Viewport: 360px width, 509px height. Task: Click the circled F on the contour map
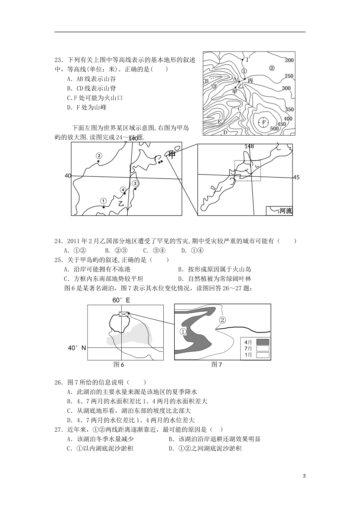coord(263,122)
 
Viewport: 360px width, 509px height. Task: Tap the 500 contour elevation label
coord(274,129)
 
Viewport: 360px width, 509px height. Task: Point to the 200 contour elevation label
coord(289,60)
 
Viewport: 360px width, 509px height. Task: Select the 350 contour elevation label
coord(289,109)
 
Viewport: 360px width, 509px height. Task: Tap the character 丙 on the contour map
coord(250,81)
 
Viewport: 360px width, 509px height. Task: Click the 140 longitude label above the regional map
coord(133,139)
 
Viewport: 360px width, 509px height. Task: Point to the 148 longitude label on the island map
coord(249,146)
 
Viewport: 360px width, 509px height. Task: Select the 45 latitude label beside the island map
coord(296,177)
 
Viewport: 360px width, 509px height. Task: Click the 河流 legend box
coord(279,211)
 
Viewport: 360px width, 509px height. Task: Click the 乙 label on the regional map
coord(121,203)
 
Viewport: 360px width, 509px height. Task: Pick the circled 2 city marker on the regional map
coord(99,156)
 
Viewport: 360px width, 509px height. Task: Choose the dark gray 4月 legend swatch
coord(263,342)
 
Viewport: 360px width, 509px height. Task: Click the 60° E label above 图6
coord(121,300)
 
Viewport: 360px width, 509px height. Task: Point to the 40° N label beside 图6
coord(77,348)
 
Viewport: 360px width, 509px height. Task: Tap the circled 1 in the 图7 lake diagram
coord(183,332)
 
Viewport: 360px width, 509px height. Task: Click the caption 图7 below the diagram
coord(217,365)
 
